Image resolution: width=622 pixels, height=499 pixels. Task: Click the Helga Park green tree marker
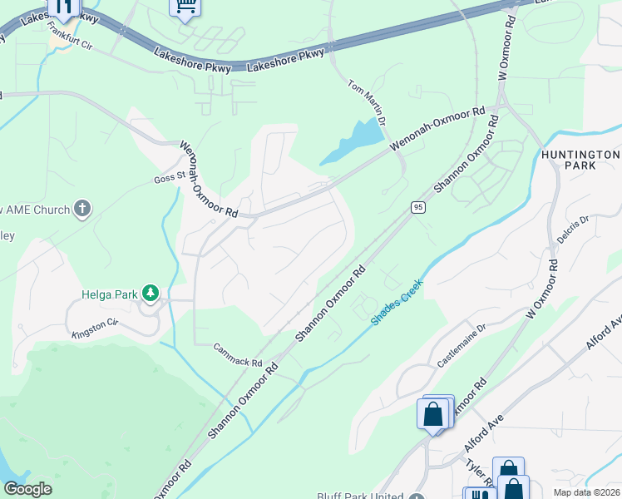(x=151, y=293)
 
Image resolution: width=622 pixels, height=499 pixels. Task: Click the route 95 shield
(x=418, y=206)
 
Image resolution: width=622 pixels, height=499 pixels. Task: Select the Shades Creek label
(x=397, y=301)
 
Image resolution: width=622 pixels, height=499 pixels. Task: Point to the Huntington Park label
(x=580, y=161)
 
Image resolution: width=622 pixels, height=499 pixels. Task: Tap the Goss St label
(x=168, y=178)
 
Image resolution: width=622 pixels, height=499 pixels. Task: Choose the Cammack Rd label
(x=238, y=355)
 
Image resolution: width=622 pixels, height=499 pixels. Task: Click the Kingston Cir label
(x=96, y=328)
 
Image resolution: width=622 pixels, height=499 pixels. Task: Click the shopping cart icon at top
(x=185, y=7)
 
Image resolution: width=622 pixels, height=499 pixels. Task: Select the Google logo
(x=27, y=489)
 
